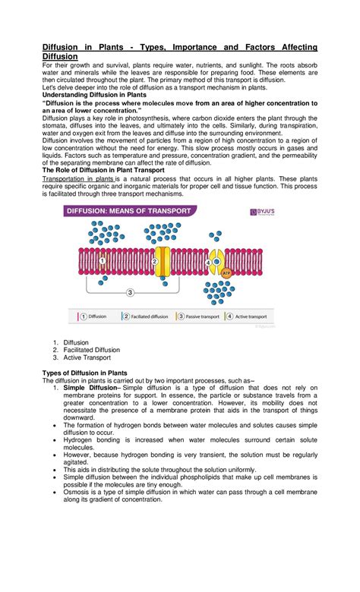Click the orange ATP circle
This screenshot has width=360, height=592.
[x=226, y=271]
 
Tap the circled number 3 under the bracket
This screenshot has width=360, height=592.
[x=130, y=291]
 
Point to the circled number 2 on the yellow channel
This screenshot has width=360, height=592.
[x=155, y=262]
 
